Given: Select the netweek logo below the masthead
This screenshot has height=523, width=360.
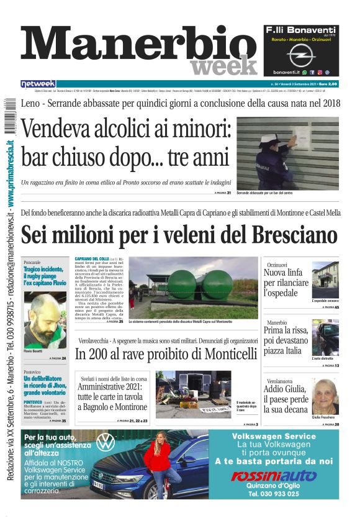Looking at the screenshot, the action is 38,84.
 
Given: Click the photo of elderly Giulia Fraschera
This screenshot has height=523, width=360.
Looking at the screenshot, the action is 325,396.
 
